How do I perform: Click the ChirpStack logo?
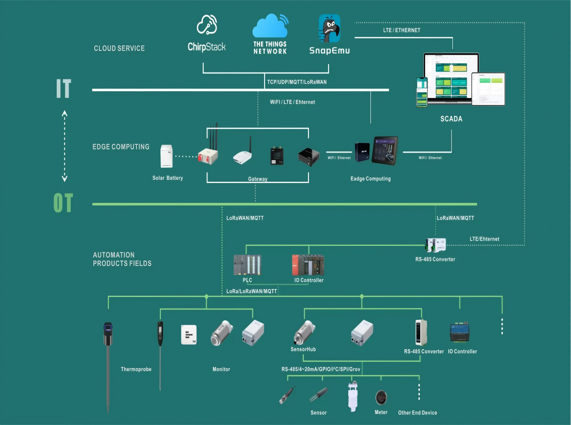206,34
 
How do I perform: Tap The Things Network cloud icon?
270,27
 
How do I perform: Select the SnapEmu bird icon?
329,29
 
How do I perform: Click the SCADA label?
451,119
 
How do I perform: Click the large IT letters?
63,89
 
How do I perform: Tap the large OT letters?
63,204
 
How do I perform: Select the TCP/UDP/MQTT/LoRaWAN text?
297,82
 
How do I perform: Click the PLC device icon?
248,265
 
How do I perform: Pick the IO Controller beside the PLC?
308,265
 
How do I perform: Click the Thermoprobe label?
136,369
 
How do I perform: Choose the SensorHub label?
303,349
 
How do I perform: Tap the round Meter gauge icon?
381,397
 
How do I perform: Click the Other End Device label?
417,413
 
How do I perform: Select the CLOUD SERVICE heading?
119,48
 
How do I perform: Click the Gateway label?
257,179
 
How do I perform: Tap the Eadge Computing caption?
370,179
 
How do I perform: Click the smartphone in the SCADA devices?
422,92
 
